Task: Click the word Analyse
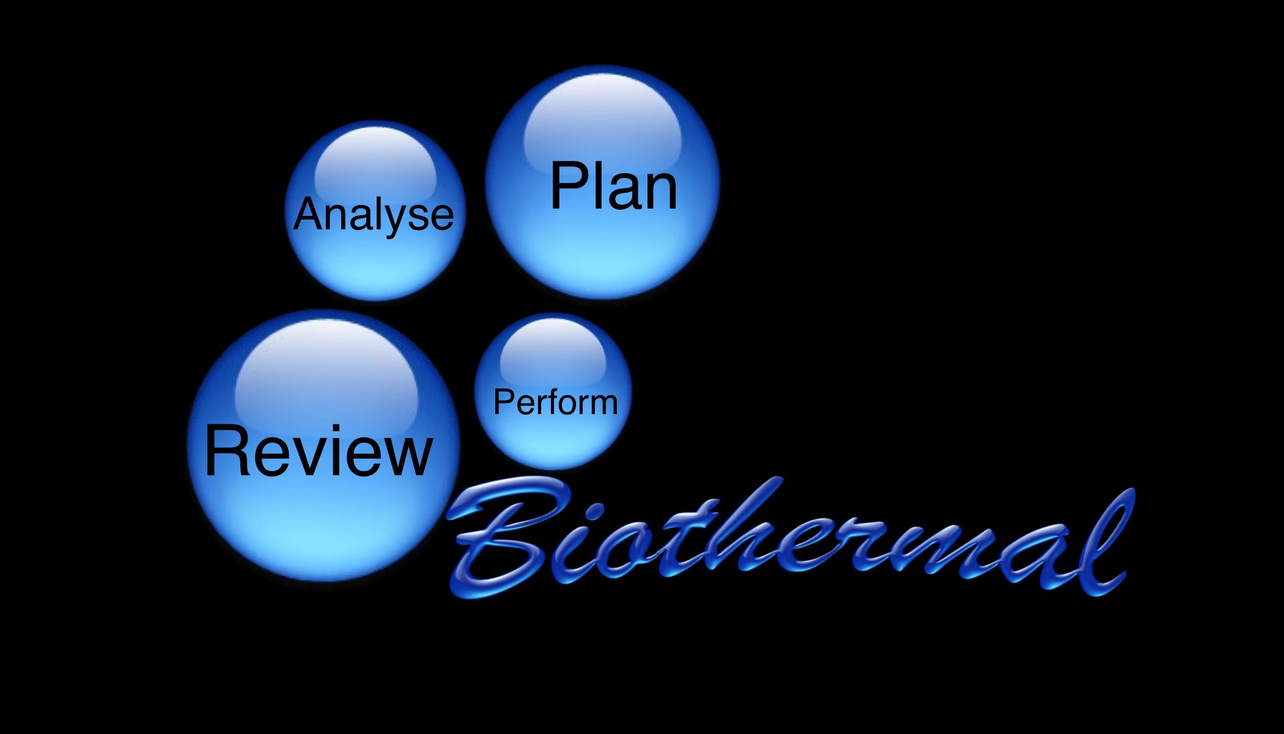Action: [374, 215]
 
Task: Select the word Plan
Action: [613, 186]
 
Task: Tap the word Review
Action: [318, 451]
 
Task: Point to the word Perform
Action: [555, 402]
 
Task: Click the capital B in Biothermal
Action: [501, 538]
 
